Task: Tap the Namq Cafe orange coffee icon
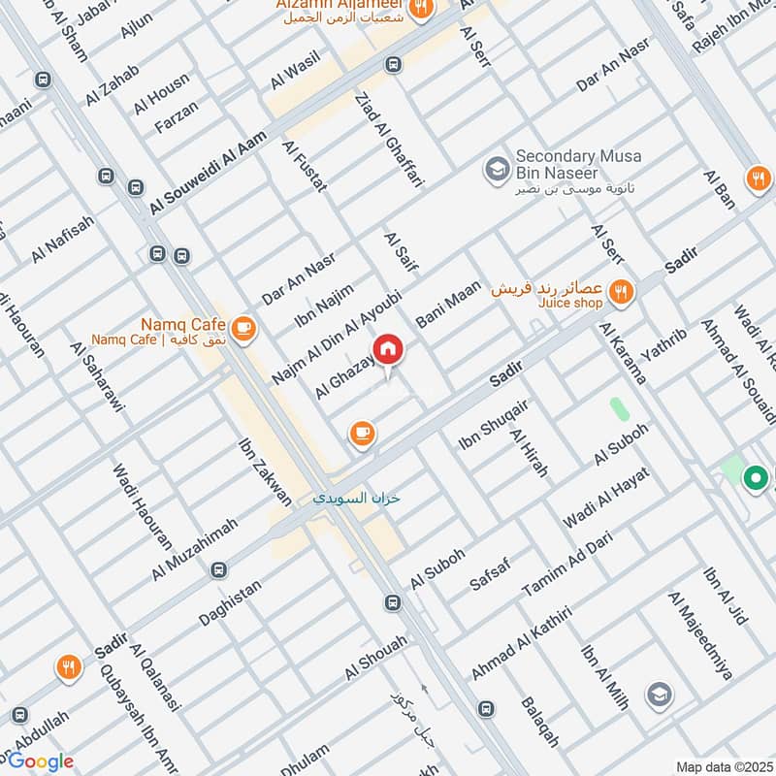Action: pyautogui.click(x=242, y=329)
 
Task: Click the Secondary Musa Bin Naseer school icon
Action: pyautogui.click(x=498, y=169)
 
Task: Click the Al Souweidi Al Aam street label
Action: pyautogui.click(x=208, y=175)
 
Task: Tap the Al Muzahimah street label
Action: pyautogui.click(x=195, y=549)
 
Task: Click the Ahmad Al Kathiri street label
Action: pyautogui.click(x=521, y=644)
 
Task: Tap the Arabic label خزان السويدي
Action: pyautogui.click(x=356, y=499)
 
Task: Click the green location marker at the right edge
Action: pyautogui.click(x=755, y=477)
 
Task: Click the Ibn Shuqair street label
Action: pyautogui.click(x=494, y=425)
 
